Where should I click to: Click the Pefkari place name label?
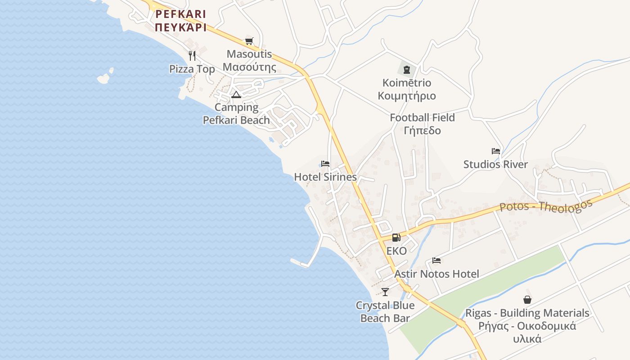pos(180,21)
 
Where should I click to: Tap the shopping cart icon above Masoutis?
pos(249,41)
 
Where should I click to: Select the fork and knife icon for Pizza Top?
pos(192,55)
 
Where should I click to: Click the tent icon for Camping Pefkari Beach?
pos(236,94)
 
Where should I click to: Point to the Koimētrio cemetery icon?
pos(407,70)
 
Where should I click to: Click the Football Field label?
pos(422,124)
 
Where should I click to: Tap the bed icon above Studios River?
pos(496,151)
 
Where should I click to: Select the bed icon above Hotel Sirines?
pos(325,164)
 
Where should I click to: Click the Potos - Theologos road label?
pos(546,207)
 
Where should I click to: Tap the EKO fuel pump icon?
pos(396,238)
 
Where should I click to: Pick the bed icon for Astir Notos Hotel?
pos(436,260)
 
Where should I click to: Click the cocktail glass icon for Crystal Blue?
pos(385,292)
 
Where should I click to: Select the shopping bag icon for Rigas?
pos(527,300)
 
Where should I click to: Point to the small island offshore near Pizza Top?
pos(104,78)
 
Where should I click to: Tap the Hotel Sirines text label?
pos(325,177)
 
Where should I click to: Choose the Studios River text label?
pos(495,164)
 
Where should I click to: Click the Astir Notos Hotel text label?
pos(436,274)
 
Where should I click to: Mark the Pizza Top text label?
pos(192,69)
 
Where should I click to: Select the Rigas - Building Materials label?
pos(527,325)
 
